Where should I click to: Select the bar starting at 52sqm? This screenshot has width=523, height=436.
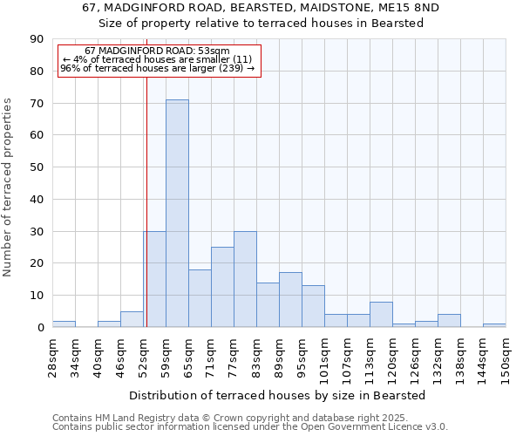pos(154,279)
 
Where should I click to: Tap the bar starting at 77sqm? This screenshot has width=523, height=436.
pos(245,279)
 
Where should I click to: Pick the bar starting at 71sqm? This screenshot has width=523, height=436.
pos(222,287)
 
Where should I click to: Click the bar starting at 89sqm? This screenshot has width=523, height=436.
pos(290,300)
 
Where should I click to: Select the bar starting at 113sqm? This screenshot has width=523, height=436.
pos(381,315)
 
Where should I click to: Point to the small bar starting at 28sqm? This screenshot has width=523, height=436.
pos(64,324)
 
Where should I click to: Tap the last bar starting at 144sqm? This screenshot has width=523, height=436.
pos(494,325)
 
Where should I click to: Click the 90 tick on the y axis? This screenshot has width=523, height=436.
pos(37,39)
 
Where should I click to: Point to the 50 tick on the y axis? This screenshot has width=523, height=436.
pos(37,167)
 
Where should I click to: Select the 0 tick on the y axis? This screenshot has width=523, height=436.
pos(40,328)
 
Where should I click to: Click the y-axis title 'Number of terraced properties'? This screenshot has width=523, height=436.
pos(9,187)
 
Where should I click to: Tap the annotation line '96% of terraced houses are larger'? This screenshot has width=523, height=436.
pos(157,68)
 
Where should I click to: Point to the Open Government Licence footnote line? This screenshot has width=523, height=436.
pos(249,426)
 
